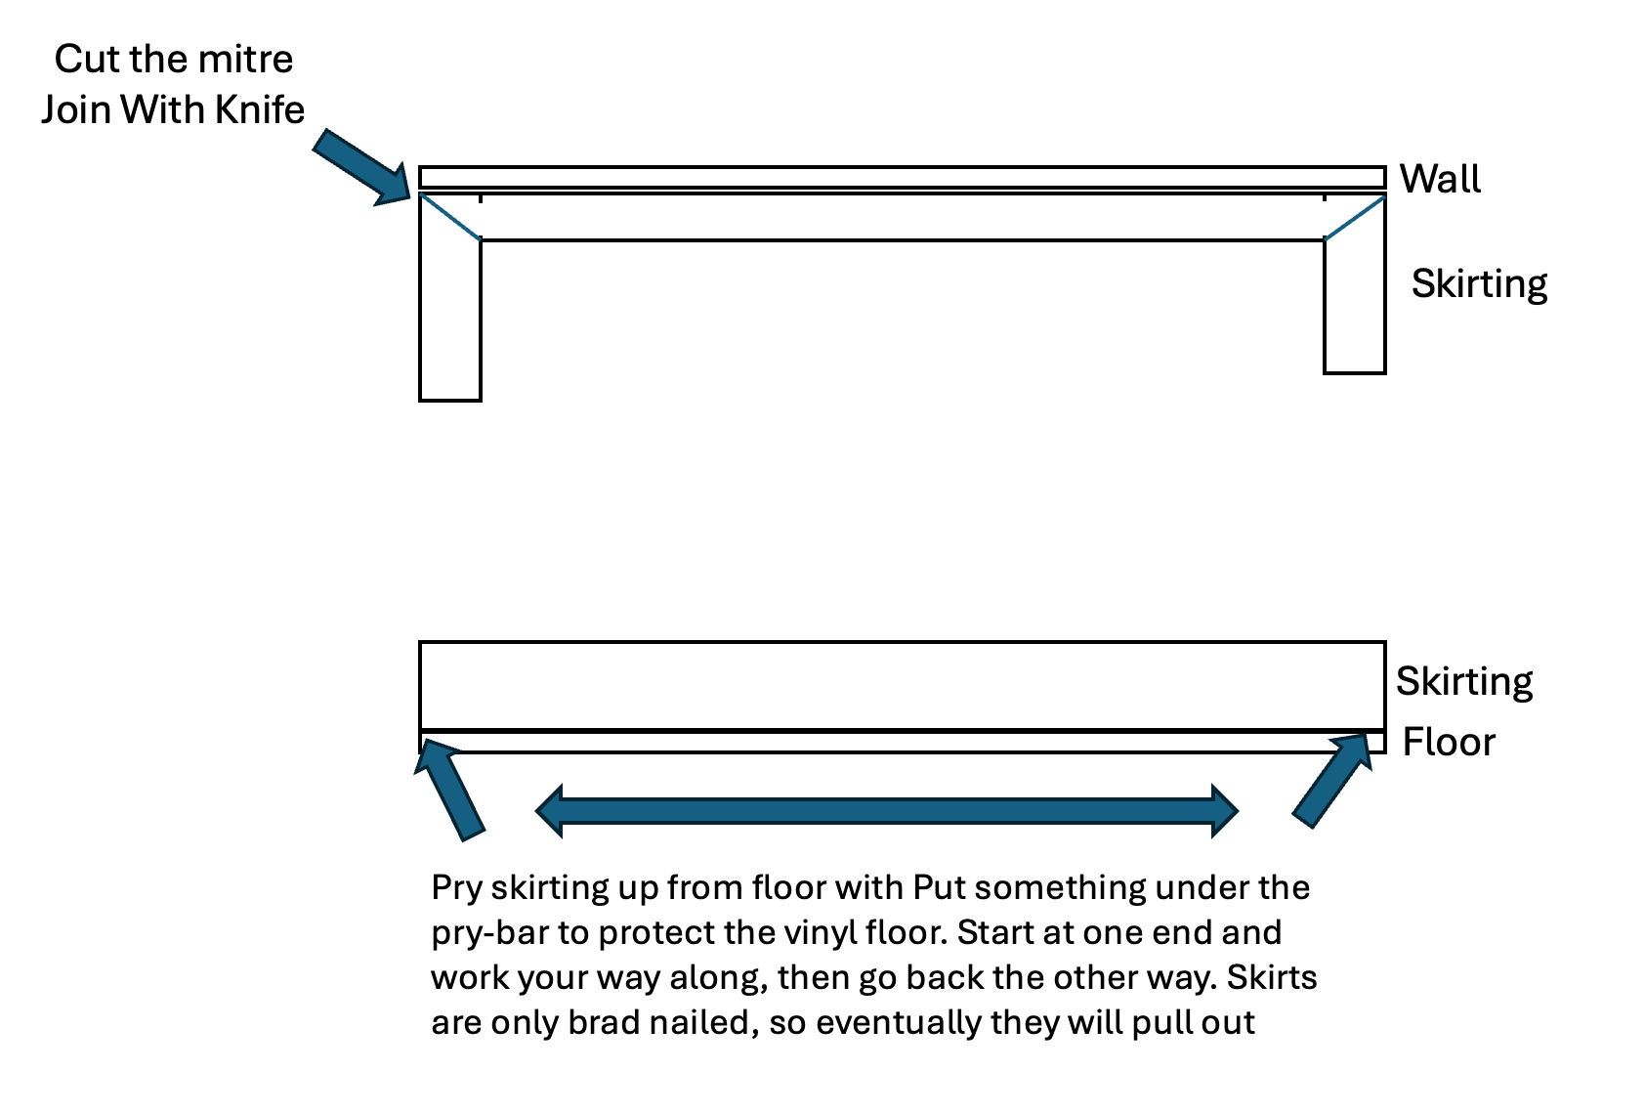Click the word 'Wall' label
point(1439,180)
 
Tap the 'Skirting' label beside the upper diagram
point(1478,284)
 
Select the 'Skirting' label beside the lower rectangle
point(1463,682)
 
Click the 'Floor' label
point(1448,743)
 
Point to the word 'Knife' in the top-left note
point(260,109)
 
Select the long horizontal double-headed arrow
point(887,811)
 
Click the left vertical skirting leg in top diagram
point(450,322)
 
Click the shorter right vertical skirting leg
point(1354,308)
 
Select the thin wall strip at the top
point(901,178)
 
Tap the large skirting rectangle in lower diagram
point(901,686)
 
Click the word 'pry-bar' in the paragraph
point(489,933)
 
